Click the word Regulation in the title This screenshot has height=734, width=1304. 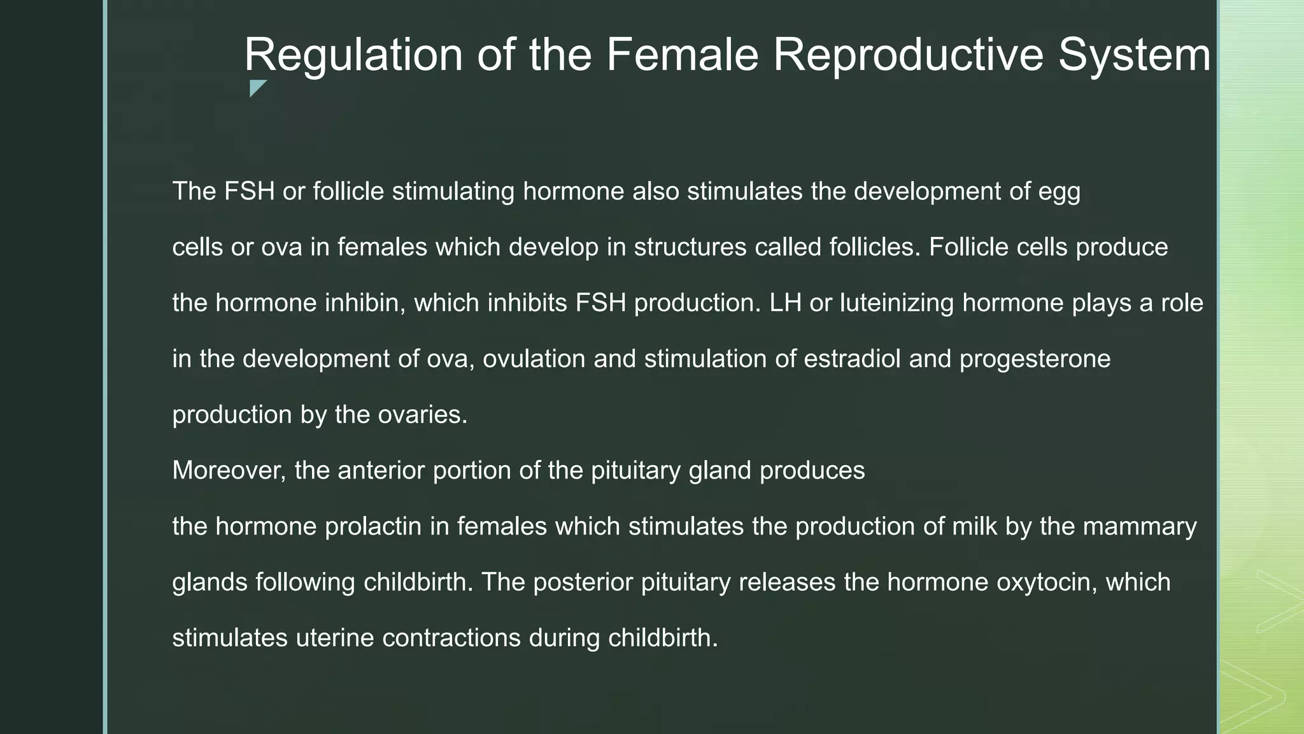click(353, 55)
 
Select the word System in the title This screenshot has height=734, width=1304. click(1134, 55)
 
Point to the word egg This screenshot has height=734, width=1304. click(1059, 192)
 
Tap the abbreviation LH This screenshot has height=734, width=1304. click(785, 303)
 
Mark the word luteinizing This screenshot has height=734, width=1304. click(896, 303)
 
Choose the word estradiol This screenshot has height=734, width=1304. click(852, 359)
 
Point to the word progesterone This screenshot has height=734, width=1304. click(1035, 359)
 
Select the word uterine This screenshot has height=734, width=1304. click(335, 638)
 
